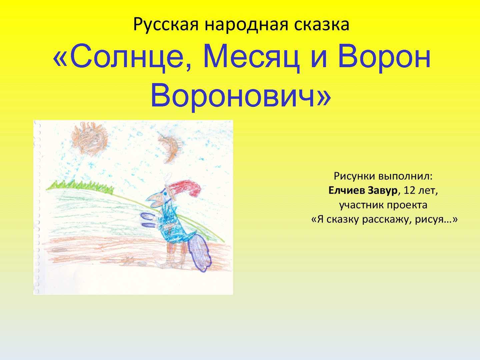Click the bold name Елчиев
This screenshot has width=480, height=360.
[x=347, y=190]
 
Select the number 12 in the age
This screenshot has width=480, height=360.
[x=409, y=190]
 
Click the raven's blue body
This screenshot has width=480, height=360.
[x=172, y=227]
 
